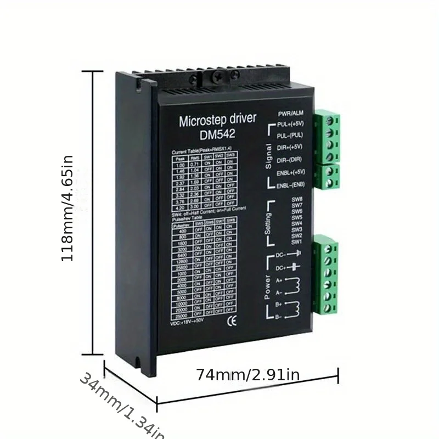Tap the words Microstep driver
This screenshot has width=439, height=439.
pos(217,121)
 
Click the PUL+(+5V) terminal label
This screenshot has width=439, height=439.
pos(290,124)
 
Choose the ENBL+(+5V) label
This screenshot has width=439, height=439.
pos(291,173)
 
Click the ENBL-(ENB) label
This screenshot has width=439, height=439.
pos(290,185)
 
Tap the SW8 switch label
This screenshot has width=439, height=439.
pos(297,199)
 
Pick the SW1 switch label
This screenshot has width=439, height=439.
pos(296,241)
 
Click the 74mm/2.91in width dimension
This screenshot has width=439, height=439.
pos(247,375)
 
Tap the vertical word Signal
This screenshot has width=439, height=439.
pos(268,155)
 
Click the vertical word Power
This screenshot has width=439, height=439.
pos(267,286)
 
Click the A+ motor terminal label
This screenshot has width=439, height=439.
pos(279,280)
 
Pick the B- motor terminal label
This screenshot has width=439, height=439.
pos(279,316)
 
